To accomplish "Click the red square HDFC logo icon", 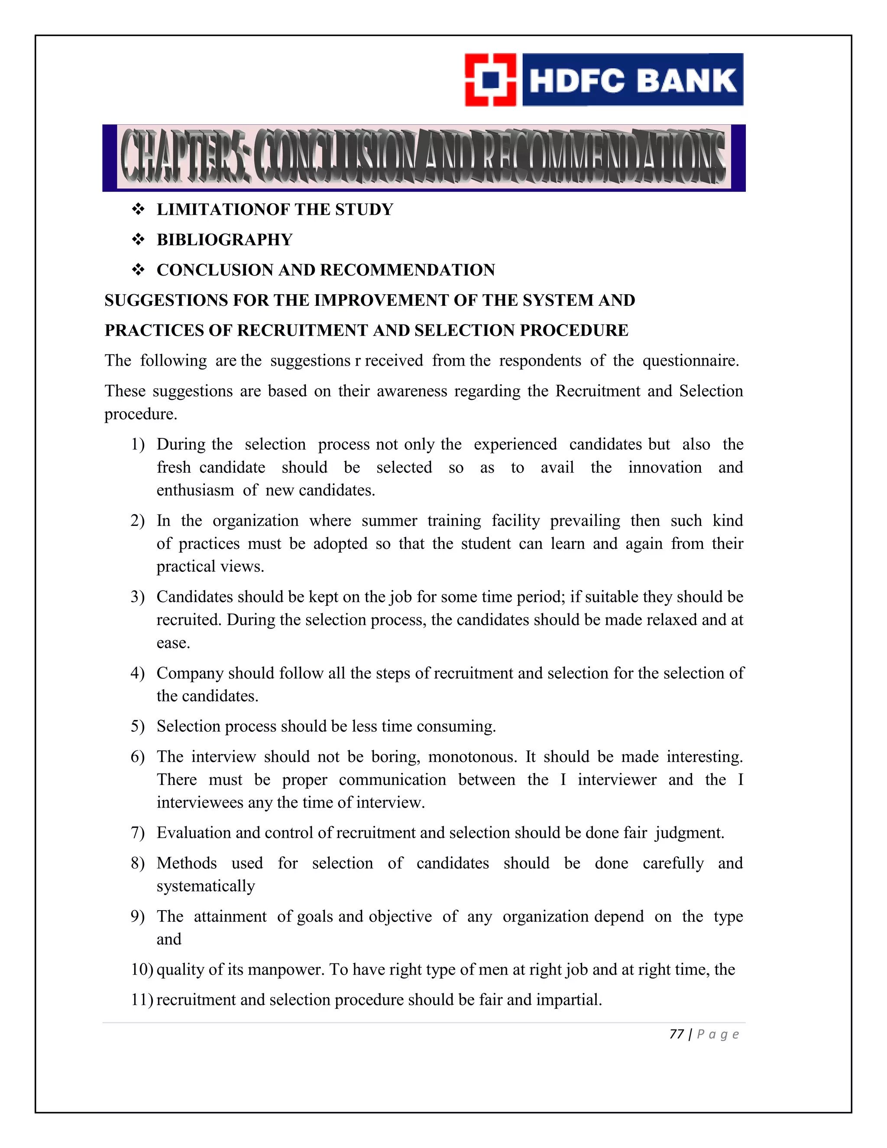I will [490, 80].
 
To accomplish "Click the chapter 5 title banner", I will [424, 158].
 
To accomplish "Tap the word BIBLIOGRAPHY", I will [224, 240].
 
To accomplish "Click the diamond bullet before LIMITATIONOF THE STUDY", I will [138, 210].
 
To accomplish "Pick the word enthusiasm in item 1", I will [195, 490].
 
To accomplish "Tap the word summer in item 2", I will [389, 521].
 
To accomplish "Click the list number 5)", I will [138, 726].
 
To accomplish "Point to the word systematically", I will [205, 886].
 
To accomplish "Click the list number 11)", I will [142, 1000].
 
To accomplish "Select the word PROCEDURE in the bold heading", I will [574, 331].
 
